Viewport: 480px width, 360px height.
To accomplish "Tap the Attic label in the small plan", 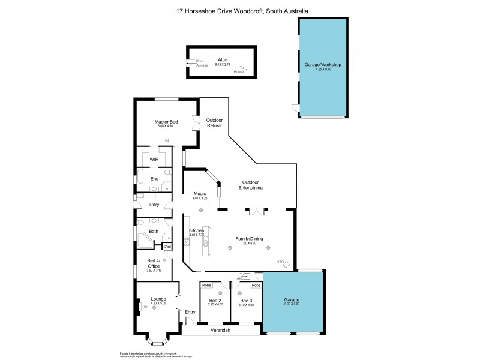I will coord(223,60).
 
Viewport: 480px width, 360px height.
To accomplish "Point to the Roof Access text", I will coord(202,63).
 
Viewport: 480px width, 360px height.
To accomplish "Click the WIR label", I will coord(154,159).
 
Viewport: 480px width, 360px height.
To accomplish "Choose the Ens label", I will coord(154,179).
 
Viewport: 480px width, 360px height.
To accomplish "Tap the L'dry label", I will coord(154,205).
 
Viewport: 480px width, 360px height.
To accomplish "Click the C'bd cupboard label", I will coord(167,247).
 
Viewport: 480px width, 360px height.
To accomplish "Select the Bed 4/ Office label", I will coord(154,262).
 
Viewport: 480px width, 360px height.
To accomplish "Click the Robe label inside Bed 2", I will coord(206,285).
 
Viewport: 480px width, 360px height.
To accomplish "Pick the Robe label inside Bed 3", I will coord(256,285).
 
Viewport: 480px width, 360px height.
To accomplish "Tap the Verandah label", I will coord(220,330).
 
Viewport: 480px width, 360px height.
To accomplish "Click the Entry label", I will coord(190,311).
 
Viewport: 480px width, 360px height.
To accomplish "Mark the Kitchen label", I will coord(197,230).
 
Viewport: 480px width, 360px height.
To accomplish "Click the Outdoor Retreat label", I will coord(214,122).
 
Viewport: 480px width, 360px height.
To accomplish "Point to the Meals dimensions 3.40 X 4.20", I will coord(200,198).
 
